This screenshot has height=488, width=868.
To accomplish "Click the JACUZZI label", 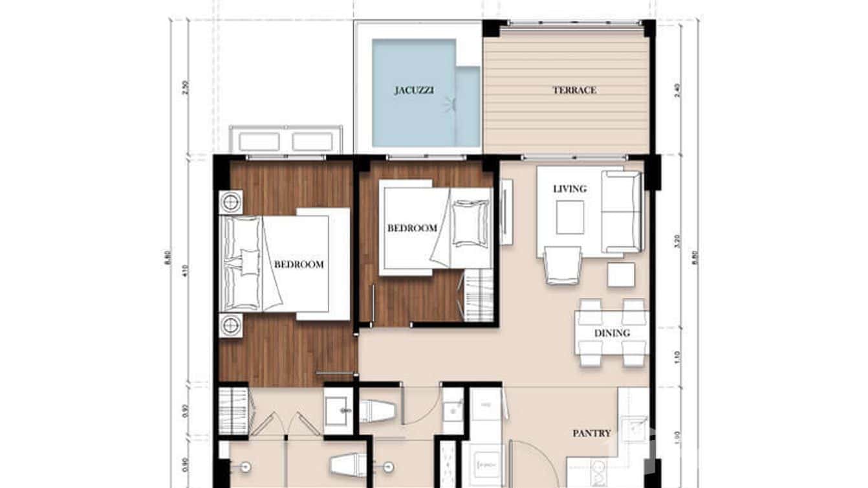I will (413, 91).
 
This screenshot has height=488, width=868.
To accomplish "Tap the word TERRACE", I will (574, 91).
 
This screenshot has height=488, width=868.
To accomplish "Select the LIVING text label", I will (570, 189).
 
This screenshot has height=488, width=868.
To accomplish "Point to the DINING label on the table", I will (612, 333).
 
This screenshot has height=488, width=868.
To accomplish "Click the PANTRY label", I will (591, 433).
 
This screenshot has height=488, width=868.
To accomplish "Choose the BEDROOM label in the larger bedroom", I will (299, 265).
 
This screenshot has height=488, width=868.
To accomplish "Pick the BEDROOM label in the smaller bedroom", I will (412, 228).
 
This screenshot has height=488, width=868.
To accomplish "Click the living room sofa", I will (622, 212).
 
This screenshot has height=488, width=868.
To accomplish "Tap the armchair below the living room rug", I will (563, 265).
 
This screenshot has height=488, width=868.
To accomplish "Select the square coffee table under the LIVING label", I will (570, 217).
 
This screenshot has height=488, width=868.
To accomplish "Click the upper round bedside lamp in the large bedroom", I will (231, 202).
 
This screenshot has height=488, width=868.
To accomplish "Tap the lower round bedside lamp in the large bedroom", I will (231, 325).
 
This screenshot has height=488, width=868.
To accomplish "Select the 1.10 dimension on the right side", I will (677, 356).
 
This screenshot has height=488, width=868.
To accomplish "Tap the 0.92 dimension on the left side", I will (186, 411).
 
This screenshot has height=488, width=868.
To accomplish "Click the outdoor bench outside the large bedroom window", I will (285, 140).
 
